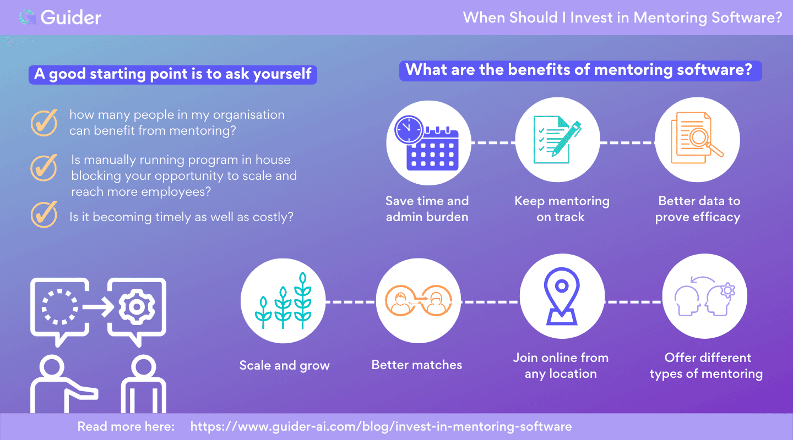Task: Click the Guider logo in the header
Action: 60,18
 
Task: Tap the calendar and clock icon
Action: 427,142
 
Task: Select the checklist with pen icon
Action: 557,140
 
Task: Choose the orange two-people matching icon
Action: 418,301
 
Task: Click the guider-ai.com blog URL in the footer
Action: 381,426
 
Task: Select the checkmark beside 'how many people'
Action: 44,122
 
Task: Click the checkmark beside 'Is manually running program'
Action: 44,168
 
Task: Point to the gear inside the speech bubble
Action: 137,306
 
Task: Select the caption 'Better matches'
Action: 417,365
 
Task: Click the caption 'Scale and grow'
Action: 284,365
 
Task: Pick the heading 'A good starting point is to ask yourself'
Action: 173,74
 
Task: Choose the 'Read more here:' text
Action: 126,426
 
